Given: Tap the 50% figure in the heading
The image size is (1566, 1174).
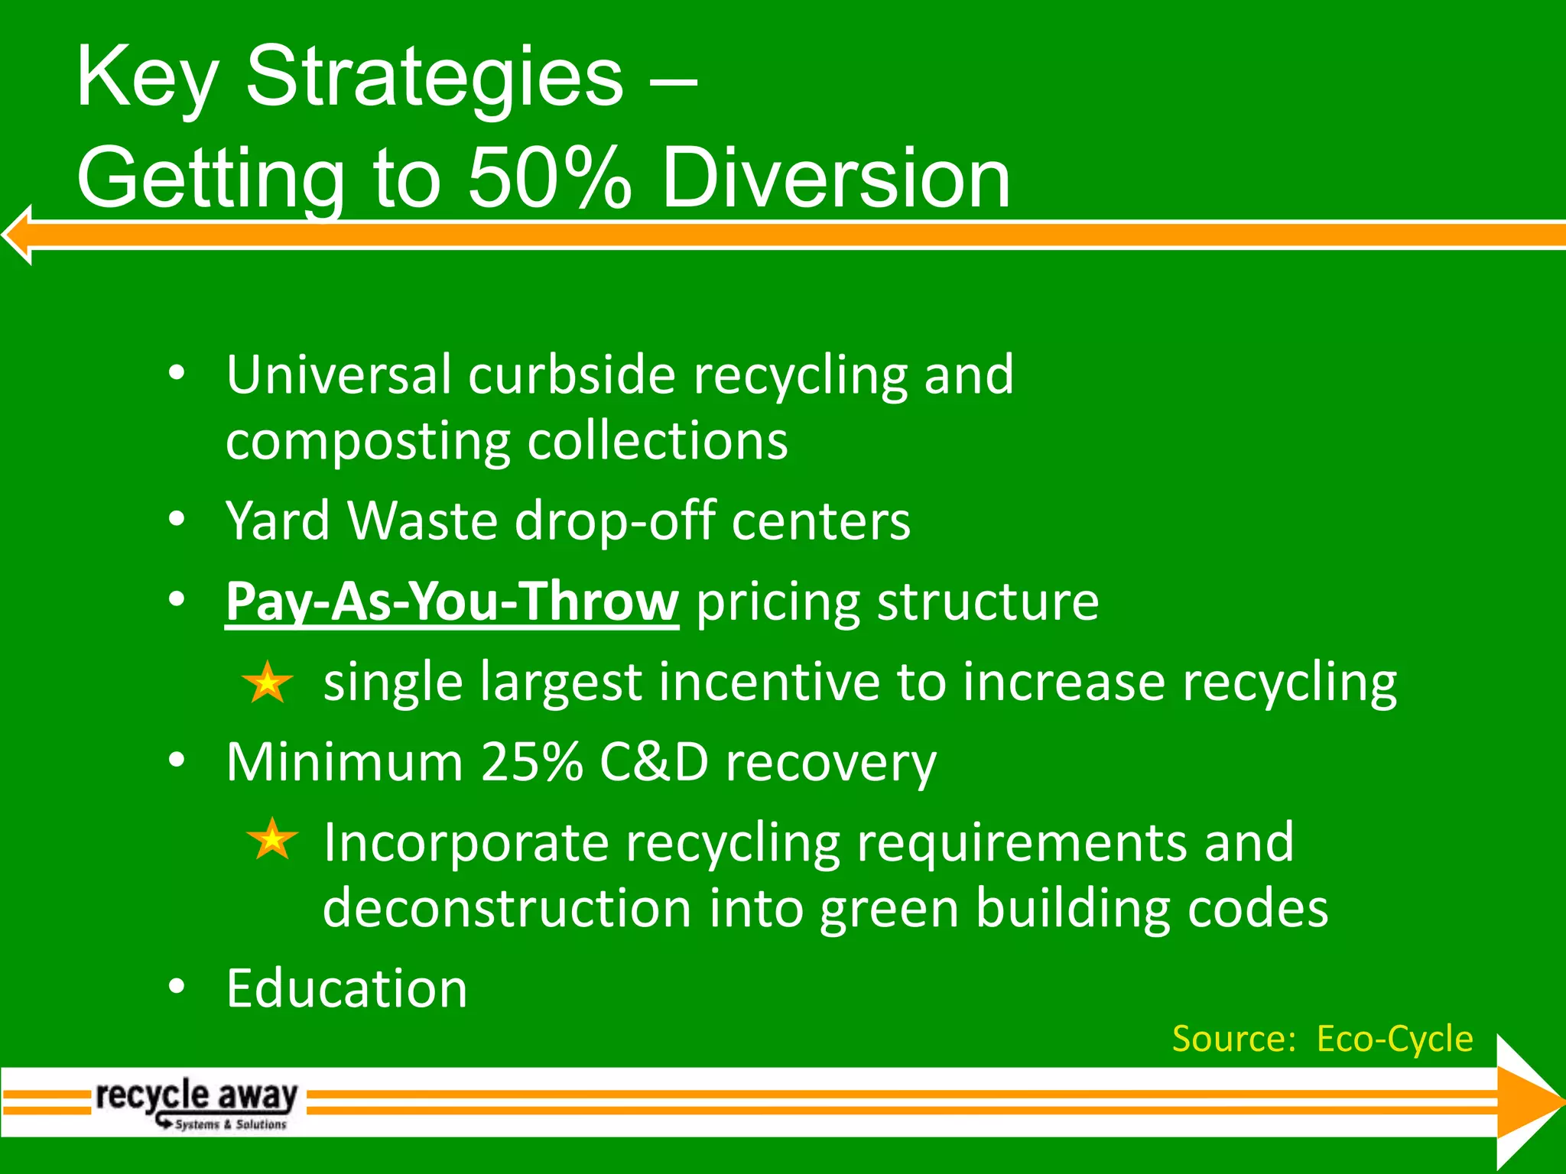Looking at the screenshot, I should [550, 180].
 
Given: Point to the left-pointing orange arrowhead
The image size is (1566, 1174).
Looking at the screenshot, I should [17, 235].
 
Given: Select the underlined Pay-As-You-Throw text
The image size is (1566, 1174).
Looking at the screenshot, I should [452, 602].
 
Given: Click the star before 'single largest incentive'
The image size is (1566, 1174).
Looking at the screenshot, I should [267, 683].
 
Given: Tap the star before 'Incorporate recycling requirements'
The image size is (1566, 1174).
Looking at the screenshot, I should [272, 839].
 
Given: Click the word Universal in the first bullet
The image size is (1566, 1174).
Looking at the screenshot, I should [337, 375].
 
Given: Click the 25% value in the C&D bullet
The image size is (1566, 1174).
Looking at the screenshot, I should [532, 762].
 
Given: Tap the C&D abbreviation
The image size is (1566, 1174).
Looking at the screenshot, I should [654, 762].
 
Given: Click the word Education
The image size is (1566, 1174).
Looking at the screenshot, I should [346, 989].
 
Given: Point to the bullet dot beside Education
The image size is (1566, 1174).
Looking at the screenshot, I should [177, 987].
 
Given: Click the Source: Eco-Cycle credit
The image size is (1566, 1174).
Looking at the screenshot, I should [1322, 1039].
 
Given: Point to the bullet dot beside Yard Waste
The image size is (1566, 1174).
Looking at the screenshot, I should [177, 519].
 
